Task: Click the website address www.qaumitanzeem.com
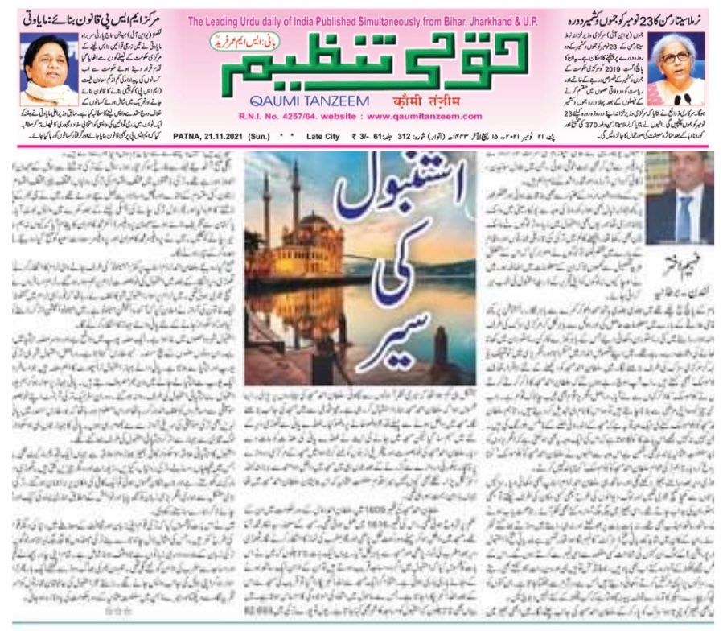click(419, 117)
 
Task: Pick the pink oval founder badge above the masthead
click(234, 39)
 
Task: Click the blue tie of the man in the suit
click(684, 216)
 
